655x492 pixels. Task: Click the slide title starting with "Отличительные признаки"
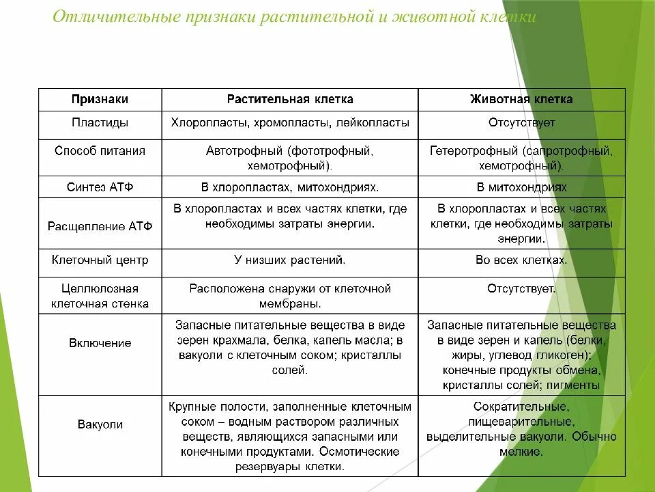click(294, 17)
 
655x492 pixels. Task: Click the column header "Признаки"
click(100, 99)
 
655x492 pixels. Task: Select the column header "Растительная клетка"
click(290, 99)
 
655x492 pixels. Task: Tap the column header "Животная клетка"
click(521, 99)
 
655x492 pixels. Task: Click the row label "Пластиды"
click(100, 123)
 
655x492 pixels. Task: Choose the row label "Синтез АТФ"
click(100, 187)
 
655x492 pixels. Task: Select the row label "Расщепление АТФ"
click(100, 225)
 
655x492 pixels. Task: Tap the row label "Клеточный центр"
click(100, 260)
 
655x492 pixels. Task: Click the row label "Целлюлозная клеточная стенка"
click(100, 296)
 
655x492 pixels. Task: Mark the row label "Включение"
click(100, 343)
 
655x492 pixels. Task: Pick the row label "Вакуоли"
click(100, 424)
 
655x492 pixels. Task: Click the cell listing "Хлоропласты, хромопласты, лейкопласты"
click(290, 123)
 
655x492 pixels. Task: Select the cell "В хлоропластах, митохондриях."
click(290, 187)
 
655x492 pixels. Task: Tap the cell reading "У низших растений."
click(290, 260)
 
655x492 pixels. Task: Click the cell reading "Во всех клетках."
click(521, 260)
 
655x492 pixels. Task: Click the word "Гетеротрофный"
click(475, 150)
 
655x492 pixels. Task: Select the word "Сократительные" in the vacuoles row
click(521, 405)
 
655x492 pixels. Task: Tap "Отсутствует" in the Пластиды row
click(521, 123)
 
